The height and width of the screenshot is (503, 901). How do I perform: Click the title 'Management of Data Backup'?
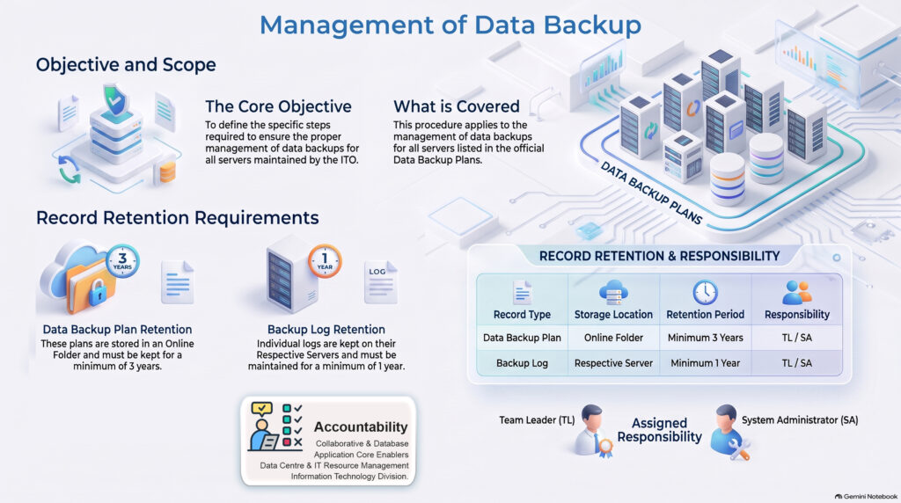[450, 26]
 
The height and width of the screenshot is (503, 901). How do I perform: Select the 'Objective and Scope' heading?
[126, 65]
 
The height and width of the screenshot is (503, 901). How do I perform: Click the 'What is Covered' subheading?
[457, 106]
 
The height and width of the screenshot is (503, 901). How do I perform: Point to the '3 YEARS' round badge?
[122, 260]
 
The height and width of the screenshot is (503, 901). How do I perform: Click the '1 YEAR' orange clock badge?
[325, 260]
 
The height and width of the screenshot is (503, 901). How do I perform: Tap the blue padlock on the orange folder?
[98, 292]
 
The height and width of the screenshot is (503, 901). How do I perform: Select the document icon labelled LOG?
[380, 282]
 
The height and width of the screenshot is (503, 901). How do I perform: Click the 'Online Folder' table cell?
[613, 338]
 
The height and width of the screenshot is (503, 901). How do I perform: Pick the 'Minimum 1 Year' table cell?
[705, 363]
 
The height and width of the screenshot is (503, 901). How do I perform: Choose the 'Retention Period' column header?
[705, 315]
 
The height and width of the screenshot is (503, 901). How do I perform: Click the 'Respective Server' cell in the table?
[613, 363]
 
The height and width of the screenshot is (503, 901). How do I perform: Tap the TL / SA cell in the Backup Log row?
[797, 363]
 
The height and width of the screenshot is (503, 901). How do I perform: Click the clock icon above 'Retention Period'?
[705, 292]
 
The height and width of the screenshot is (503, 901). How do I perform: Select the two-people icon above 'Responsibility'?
[797, 292]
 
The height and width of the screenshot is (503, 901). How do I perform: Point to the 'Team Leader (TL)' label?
[537, 420]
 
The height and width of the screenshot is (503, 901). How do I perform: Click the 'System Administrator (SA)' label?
[800, 420]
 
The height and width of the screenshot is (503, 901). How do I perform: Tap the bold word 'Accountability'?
[361, 426]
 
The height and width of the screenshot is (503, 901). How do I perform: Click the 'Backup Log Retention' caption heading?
[326, 330]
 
